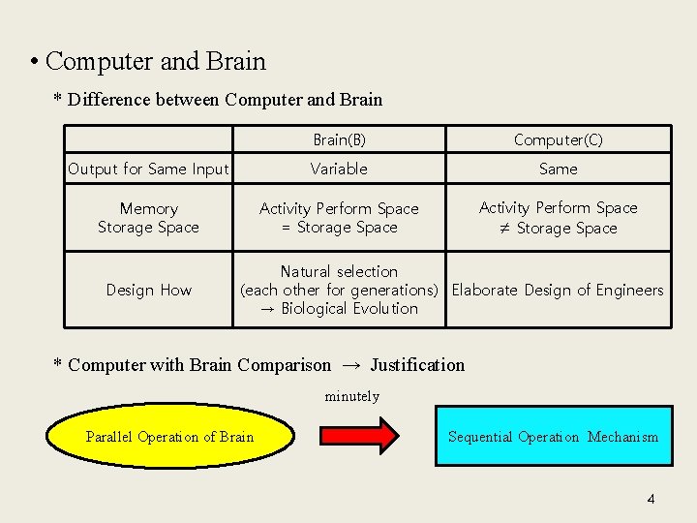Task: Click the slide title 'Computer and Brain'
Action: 155,62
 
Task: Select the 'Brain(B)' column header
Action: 339,139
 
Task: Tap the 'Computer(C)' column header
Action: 558,139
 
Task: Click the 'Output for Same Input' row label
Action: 148,169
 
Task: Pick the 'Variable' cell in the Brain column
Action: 339,169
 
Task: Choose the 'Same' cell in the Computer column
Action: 558,169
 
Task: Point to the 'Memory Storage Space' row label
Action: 148,218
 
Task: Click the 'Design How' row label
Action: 148,290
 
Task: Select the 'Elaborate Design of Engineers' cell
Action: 558,290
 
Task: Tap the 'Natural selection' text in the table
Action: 339,271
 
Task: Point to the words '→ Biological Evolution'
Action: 339,308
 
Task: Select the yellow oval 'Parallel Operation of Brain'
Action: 169,437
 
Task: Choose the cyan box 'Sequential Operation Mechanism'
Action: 553,437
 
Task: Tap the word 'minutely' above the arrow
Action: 351,396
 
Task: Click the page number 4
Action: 651,499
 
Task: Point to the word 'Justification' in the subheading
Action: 417,365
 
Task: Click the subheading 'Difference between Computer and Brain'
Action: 226,100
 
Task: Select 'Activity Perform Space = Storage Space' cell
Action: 339,218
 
